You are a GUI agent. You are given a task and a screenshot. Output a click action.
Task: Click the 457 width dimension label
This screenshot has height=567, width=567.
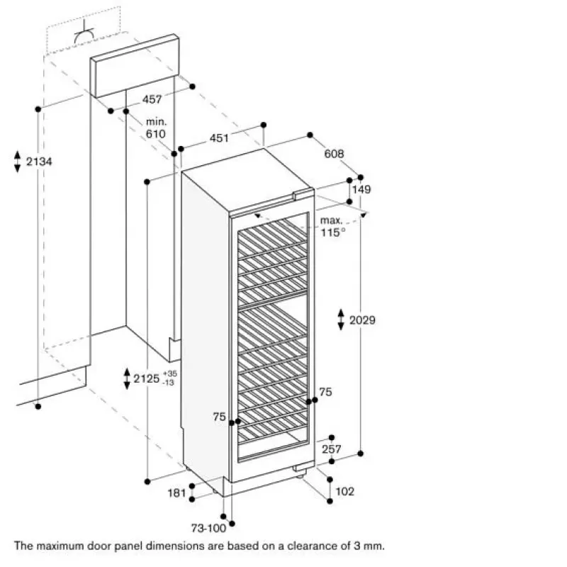point(152,99)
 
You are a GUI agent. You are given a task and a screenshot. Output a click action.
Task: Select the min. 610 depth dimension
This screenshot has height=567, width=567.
point(156,128)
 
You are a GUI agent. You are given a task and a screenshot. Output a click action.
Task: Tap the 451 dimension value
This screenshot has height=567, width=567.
point(219,137)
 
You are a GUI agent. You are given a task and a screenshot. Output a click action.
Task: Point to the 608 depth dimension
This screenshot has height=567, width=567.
point(334,154)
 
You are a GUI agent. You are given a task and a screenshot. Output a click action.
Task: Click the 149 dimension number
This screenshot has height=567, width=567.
point(361,189)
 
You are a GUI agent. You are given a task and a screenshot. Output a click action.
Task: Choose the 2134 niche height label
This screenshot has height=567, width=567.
point(39,162)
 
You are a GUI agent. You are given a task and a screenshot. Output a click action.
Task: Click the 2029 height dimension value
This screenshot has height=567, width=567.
point(362,320)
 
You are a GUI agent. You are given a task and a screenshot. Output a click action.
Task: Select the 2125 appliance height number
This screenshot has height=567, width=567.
point(147,378)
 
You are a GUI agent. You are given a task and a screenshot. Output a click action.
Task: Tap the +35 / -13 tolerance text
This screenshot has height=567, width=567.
point(169,378)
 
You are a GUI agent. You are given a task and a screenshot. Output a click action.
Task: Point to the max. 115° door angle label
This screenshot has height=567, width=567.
point(332,226)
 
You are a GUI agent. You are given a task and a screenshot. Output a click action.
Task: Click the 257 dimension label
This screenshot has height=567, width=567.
point(332,449)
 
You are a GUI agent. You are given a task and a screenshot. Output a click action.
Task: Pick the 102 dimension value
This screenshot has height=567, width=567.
point(345,491)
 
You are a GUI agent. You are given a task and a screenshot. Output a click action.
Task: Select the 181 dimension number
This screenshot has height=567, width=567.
point(176,493)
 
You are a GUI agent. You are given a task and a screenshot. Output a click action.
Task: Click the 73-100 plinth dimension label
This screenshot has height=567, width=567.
point(208,528)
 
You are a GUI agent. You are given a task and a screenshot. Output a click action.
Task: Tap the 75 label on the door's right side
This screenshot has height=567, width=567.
point(325,392)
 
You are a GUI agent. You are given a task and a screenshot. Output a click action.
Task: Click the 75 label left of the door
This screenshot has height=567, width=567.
point(219,417)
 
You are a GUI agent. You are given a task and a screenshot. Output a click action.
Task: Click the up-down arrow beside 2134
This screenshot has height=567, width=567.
point(17,162)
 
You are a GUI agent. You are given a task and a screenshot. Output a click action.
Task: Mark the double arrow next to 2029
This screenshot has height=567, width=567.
point(341,320)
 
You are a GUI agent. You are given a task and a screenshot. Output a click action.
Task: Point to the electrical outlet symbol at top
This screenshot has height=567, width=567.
point(84,33)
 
